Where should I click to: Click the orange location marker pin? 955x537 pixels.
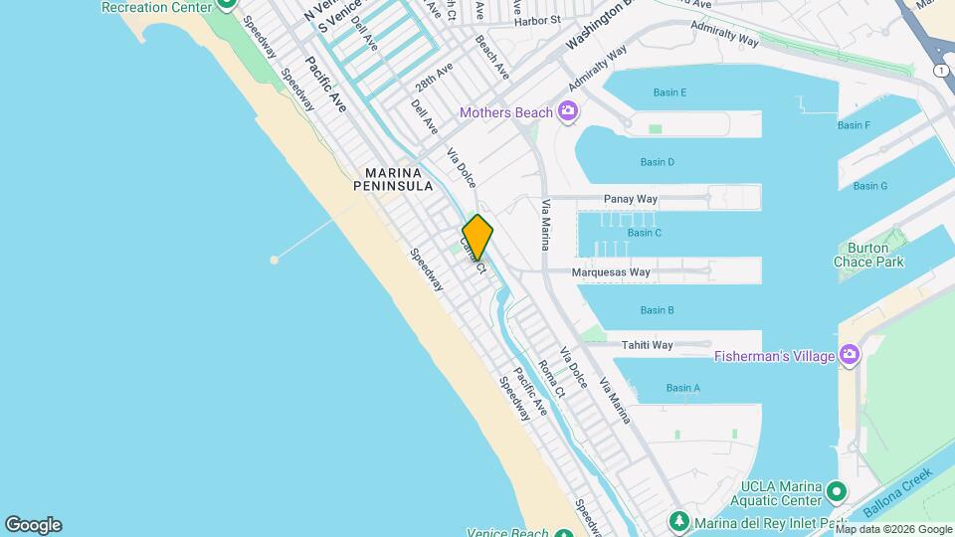pyautogui.click(x=477, y=237)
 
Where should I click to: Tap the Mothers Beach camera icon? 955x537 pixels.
pyautogui.click(x=567, y=110)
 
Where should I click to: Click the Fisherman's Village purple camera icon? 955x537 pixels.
pyautogui.click(x=849, y=354)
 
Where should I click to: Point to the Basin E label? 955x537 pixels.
pyautogui.click(x=669, y=92)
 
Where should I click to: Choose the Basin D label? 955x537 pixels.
pyautogui.click(x=657, y=162)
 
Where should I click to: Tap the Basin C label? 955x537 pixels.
pyautogui.click(x=645, y=233)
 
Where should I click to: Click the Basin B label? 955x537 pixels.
pyautogui.click(x=657, y=310)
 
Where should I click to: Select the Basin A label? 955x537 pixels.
pyautogui.click(x=683, y=388)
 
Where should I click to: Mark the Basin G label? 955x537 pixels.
pyautogui.click(x=870, y=186)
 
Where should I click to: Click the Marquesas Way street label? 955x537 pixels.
pyautogui.click(x=611, y=271)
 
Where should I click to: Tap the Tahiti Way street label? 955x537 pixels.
pyautogui.click(x=648, y=345)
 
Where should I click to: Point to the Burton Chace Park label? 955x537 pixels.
pyautogui.click(x=869, y=255)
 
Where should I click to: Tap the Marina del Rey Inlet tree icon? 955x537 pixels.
pyautogui.click(x=679, y=520)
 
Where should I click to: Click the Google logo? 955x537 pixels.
pyautogui.click(x=33, y=525)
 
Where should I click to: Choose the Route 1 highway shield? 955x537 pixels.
pyautogui.click(x=940, y=70)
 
